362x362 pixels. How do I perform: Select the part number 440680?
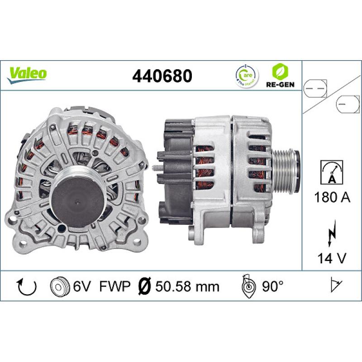[x=162, y=76]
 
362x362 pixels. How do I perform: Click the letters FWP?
[x=115, y=286]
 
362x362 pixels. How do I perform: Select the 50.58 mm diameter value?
[x=187, y=286]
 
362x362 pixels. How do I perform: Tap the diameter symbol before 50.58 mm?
[x=144, y=286]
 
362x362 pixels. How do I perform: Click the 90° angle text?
[x=272, y=286]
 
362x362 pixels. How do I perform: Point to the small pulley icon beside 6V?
[x=60, y=286]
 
